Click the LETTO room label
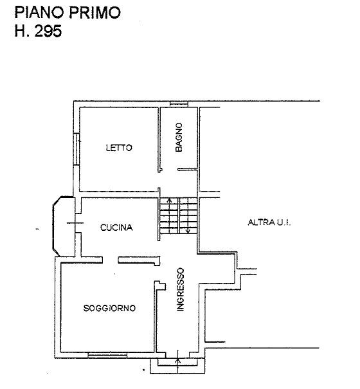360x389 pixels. coord(119,148)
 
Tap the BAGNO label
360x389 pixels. coord(179,137)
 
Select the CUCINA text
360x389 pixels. coord(116,228)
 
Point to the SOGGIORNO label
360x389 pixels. coord(109,308)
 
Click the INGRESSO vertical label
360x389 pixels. coord(181,289)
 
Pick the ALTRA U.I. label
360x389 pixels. coord(269,222)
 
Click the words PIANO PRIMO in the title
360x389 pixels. coord(67,12)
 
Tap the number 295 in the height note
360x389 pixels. coord(48,32)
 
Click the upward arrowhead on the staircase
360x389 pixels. coord(170,199)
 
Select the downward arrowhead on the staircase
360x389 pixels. coord(188,231)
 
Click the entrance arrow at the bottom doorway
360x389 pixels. coord(178,361)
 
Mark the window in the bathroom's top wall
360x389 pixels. coord(179,104)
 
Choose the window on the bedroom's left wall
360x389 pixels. coord(76,149)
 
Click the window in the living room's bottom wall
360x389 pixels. coord(107,356)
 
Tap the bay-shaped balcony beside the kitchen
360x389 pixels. coord(64,226)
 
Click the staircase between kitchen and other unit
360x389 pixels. coord(179,215)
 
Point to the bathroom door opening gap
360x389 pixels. coord(170,170)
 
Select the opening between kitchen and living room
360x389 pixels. coord(110,260)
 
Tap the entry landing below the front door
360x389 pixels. coord(177,366)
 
